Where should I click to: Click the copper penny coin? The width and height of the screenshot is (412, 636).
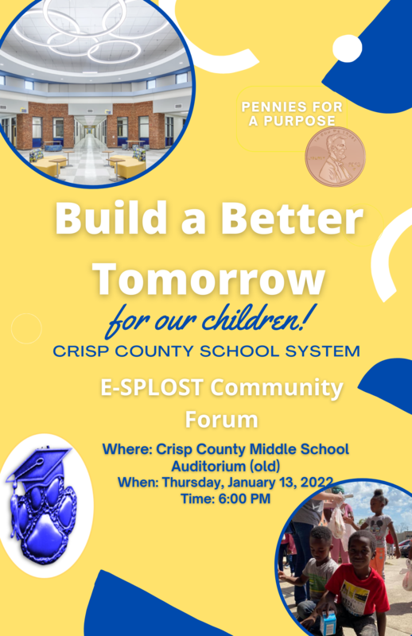click(x=336, y=157)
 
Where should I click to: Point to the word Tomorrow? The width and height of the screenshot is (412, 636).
click(x=208, y=279)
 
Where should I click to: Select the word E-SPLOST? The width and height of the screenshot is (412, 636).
click(x=151, y=387)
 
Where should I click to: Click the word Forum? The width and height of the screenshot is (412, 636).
click(x=222, y=420)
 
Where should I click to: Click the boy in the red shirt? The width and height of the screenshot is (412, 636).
click(x=353, y=584)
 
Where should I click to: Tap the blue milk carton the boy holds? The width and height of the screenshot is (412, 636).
click(x=328, y=622)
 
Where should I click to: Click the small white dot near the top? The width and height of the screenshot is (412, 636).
click(x=347, y=48)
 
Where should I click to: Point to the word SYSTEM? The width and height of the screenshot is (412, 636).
click(x=322, y=351)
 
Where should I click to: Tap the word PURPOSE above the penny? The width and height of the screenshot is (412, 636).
click(x=299, y=121)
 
